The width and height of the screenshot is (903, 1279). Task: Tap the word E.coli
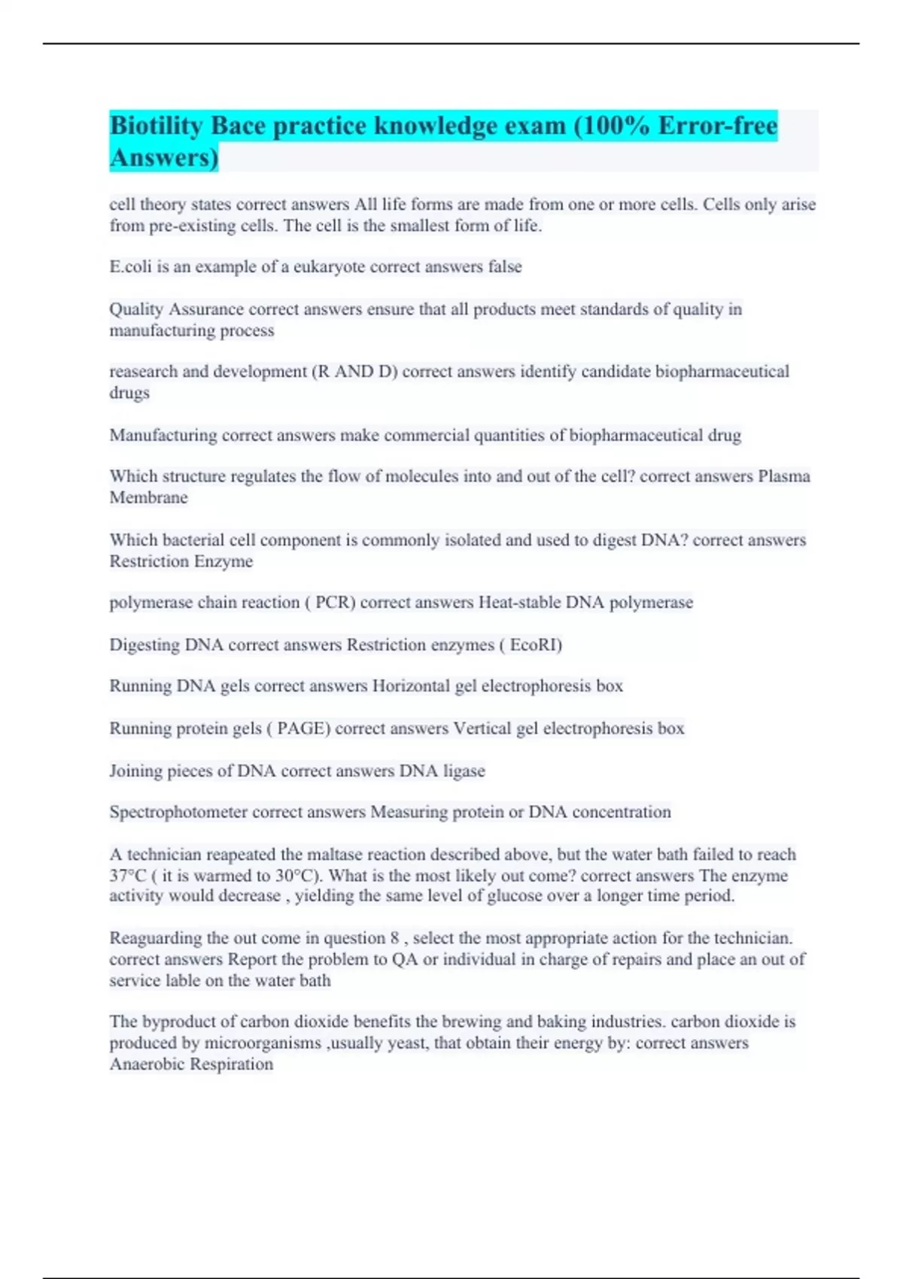[130, 267]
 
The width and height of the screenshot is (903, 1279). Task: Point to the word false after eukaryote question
[504, 267]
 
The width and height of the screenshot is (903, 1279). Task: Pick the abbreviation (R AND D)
[354, 372]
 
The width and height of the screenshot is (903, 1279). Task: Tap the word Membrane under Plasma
[148, 498]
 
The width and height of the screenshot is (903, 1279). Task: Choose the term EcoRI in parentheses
[535, 646]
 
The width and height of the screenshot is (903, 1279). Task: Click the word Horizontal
[411, 686]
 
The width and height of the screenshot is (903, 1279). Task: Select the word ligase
[464, 771]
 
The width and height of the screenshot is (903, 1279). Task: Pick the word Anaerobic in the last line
[147, 1065]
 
